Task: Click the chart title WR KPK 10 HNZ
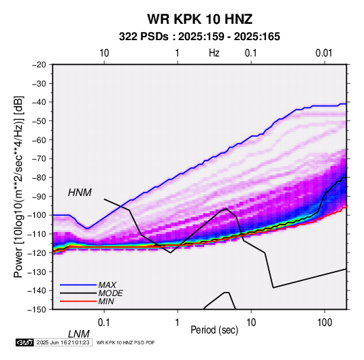tap(199, 19)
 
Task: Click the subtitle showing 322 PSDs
tap(199, 37)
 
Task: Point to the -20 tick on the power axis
tap(39, 65)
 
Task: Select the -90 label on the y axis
tap(39, 196)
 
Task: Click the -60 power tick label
tap(39, 140)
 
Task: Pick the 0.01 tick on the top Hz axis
tap(324, 53)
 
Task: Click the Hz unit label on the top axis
tap(214, 53)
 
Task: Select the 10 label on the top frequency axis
tap(104, 53)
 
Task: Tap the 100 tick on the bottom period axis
tap(325, 323)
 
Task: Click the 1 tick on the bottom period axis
tap(177, 323)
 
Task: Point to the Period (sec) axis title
tap(214, 330)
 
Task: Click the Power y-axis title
tap(18, 187)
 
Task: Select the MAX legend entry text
tap(107, 284)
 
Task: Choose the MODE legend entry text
tap(110, 293)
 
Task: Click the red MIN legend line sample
tap(78, 301)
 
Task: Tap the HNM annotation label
tap(80, 193)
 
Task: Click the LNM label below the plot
tap(78, 334)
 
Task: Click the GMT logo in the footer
tap(24, 342)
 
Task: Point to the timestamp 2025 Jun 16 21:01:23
tap(63, 342)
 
